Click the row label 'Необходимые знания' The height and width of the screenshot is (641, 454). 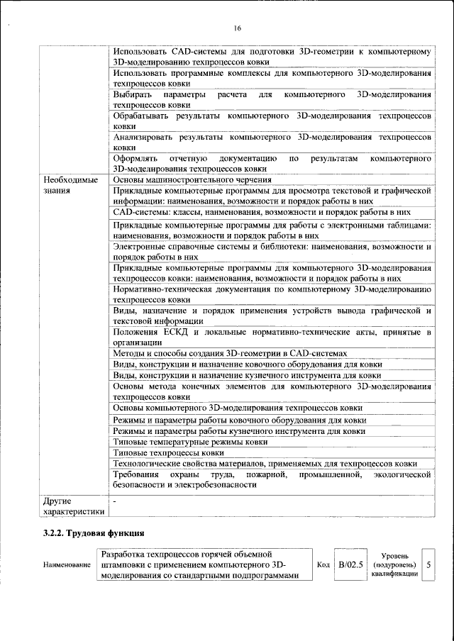tap(70, 185)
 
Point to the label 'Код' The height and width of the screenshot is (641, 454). tap(323, 564)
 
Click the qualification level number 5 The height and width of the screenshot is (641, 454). tap(428, 564)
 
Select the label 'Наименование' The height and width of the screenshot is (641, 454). tap(67, 565)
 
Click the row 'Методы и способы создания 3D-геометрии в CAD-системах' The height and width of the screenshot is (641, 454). tap(231, 353)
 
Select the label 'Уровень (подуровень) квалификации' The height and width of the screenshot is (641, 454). tap(393, 564)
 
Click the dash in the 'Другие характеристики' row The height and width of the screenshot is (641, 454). tap(115, 501)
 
